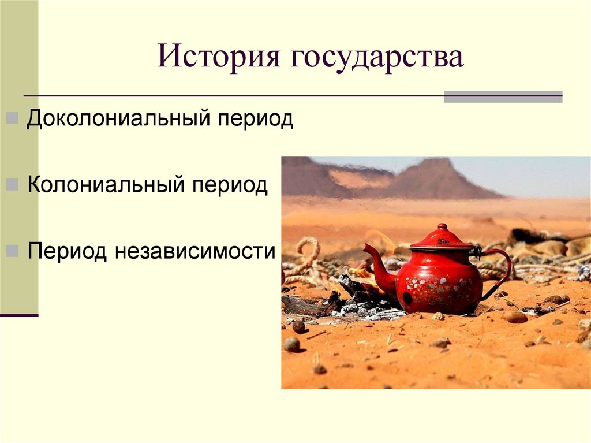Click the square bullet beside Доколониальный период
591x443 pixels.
[13, 120]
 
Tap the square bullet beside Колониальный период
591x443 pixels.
[13, 186]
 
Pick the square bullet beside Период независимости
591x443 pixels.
[13, 252]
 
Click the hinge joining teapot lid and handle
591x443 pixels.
[477, 251]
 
